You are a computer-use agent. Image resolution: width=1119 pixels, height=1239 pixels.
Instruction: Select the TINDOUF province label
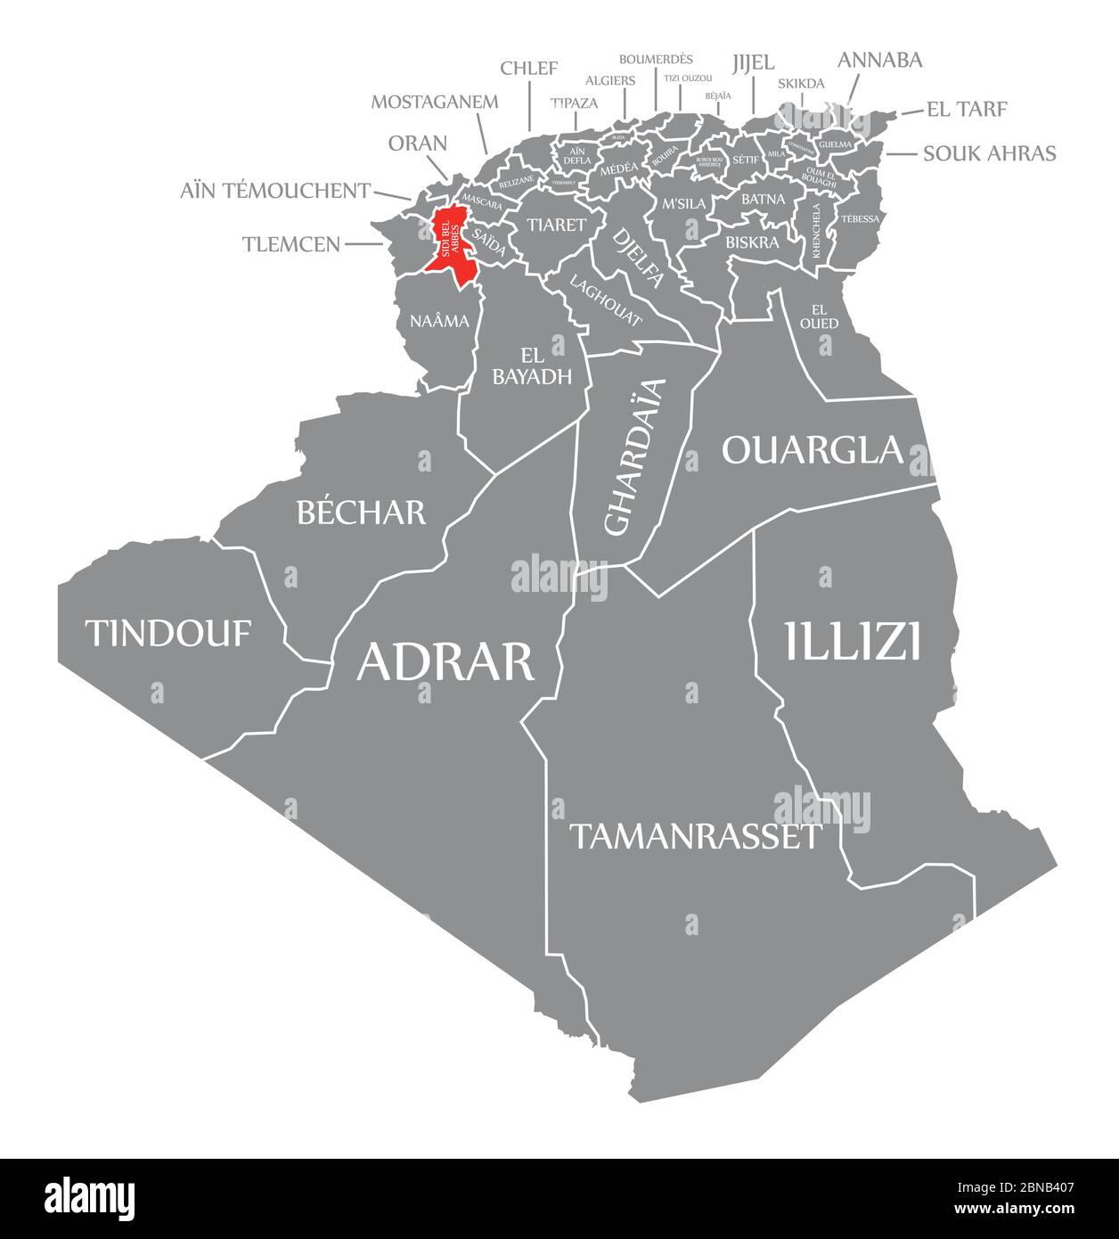(168, 634)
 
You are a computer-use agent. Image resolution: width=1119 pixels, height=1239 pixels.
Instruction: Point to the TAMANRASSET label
(695, 836)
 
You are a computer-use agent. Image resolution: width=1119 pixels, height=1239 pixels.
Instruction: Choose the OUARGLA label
(813, 450)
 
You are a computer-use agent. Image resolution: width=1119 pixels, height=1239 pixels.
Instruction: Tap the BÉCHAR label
(361, 512)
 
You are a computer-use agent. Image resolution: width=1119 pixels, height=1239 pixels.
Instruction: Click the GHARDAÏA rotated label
(634, 456)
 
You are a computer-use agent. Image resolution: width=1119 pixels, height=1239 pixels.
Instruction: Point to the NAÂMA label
(439, 322)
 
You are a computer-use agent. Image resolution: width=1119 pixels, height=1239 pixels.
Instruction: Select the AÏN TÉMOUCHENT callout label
(275, 190)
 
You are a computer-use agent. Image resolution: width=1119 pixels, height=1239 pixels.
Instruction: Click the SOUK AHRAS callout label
(989, 153)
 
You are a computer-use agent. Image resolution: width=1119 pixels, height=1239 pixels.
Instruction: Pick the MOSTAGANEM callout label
(435, 101)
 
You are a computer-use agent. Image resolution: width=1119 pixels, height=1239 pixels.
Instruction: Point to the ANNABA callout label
(879, 61)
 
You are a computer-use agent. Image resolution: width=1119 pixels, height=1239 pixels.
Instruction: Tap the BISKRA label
(753, 242)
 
